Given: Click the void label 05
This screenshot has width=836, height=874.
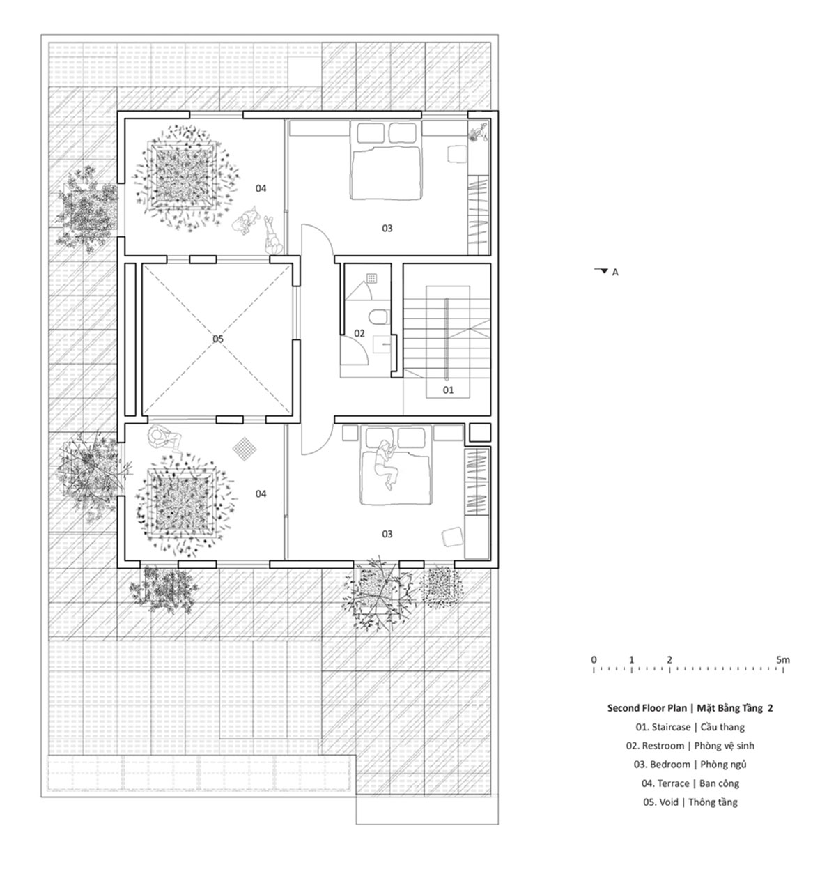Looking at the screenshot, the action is point(218,338).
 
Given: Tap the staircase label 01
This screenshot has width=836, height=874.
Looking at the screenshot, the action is point(448,390).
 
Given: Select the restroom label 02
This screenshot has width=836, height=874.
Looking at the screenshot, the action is point(359,333).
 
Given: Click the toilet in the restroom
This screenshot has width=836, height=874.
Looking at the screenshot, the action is point(378,316).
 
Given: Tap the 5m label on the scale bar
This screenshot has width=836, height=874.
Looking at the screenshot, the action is point(782,660).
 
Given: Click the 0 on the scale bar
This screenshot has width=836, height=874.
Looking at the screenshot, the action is point(594,660).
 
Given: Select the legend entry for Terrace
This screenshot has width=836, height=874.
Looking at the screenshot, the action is point(690,783).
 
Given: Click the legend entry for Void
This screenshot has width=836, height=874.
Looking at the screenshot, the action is point(690,802).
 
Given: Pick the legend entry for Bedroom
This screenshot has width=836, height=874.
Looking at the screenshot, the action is point(690,765).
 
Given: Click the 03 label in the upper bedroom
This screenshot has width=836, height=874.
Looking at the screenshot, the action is point(387,229).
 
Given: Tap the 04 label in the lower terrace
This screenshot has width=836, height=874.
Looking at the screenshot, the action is point(261,494).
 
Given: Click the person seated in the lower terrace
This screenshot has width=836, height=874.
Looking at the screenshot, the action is point(164,438).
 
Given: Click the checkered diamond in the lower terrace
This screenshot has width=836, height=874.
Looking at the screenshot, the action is point(245,448).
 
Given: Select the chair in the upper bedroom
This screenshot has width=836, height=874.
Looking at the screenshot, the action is point(456,153).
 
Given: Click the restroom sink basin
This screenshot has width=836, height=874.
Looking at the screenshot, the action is point(383,346).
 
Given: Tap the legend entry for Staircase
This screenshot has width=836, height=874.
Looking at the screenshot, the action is point(690,727).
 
